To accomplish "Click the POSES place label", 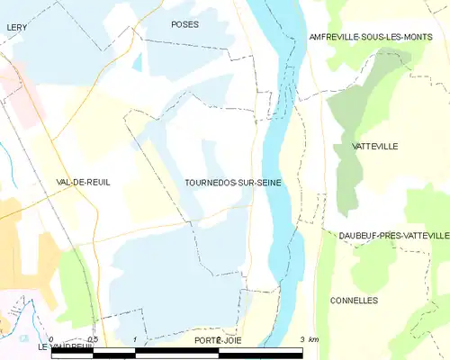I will click(184, 24).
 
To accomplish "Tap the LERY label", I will click(15, 28).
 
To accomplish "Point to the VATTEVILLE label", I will click(377, 146).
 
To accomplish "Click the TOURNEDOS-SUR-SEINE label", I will click(233, 182).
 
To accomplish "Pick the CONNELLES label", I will click(354, 300).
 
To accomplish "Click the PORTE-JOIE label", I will click(218, 340).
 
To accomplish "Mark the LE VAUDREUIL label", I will click(66, 346).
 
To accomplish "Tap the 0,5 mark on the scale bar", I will click(94, 339).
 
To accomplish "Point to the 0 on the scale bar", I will click(53, 339).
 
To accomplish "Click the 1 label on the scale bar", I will click(135, 339).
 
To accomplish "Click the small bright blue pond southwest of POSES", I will click(137, 64).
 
